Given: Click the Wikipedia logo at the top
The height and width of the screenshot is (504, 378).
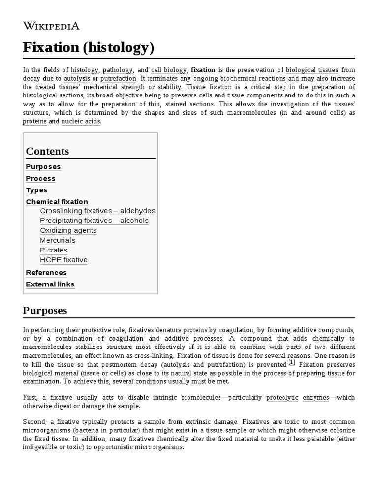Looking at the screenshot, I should click(x=51, y=26).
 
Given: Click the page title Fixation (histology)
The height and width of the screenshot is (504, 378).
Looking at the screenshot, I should click(x=89, y=48).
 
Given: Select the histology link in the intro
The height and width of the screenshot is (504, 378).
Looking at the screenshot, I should click(x=84, y=70).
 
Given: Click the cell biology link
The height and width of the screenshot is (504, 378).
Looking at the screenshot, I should click(x=169, y=70).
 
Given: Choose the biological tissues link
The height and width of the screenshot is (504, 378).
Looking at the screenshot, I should click(x=312, y=70).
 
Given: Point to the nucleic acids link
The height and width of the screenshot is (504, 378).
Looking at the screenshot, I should click(x=80, y=121).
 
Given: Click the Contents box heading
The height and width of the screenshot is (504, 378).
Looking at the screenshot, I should click(x=47, y=151).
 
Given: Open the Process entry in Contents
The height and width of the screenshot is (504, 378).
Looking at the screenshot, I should click(x=40, y=179).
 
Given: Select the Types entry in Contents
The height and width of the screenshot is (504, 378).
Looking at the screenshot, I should click(x=36, y=190).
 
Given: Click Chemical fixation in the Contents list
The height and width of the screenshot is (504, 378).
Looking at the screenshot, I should click(x=57, y=202).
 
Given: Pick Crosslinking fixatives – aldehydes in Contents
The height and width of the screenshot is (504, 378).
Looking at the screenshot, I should click(x=97, y=211).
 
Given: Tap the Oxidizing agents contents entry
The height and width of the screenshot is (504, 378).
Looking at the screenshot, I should click(x=68, y=231).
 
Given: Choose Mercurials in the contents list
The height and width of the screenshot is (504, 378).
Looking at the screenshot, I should click(x=58, y=241).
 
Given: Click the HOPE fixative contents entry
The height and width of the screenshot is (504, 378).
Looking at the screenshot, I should click(x=63, y=260).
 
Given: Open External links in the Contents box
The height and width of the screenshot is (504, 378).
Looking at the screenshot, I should click(x=50, y=284).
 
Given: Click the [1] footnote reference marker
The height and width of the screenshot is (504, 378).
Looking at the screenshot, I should click(x=292, y=363).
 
